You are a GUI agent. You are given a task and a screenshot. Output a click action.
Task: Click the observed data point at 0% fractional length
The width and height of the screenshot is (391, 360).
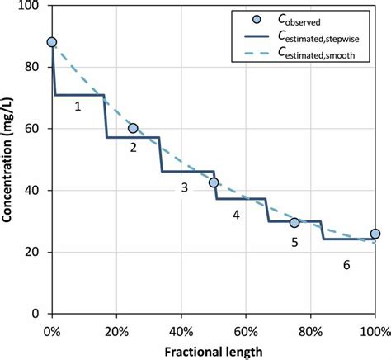tap(52, 42)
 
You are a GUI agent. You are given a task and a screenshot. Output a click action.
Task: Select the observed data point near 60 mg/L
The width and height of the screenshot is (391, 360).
tap(133, 128)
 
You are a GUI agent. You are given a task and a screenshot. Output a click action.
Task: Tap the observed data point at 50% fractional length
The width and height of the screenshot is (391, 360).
tap(214, 182)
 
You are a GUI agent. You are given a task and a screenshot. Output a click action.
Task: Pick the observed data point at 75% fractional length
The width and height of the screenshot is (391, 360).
tap(294, 222)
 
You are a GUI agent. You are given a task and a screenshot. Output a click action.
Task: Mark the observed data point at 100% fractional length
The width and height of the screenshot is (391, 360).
tap(375, 234)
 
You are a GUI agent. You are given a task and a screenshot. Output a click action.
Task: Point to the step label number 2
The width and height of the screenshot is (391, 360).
tap(132, 148)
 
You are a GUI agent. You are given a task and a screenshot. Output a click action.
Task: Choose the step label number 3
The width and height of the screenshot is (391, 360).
tap(185, 187)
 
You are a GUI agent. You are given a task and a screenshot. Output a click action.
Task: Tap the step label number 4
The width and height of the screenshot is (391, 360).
tap(236, 215)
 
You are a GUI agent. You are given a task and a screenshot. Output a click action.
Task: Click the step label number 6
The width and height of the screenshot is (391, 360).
tap(346, 264)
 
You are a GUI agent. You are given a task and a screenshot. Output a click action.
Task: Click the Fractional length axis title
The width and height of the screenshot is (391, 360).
tap(213, 351)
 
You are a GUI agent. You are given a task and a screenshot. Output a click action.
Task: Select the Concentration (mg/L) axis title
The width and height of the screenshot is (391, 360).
tap(10, 159)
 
